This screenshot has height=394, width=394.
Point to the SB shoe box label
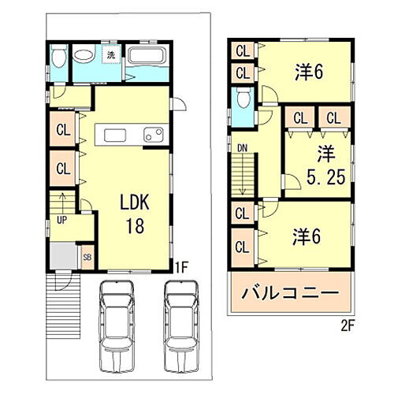[x=87, y=257]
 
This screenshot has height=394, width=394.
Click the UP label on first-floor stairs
[x=61, y=220]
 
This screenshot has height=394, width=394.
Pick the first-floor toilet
[x=58, y=59]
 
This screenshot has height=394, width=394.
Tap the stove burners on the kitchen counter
[x=153, y=135]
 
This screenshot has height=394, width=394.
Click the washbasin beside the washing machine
[x=84, y=57]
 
